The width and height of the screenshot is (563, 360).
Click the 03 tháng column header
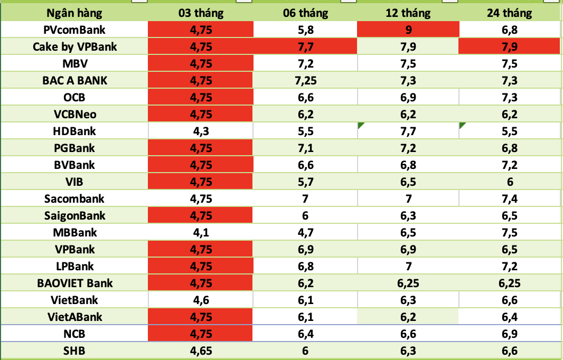[201, 13]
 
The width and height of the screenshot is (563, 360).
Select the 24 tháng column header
[509, 13]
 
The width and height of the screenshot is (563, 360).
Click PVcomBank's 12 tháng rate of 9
[409, 30]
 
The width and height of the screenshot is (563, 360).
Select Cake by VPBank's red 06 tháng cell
[306, 47]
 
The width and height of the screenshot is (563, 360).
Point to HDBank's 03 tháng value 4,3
[201, 131]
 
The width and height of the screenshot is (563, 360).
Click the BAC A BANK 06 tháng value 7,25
[306, 81]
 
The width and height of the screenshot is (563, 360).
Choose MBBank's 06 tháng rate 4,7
[306, 232]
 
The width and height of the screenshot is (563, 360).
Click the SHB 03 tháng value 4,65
[201, 351]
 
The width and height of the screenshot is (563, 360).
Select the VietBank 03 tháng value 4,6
[201, 300]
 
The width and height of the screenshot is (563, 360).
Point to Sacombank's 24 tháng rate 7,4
[509, 198]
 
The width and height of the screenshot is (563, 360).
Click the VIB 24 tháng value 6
[509, 182]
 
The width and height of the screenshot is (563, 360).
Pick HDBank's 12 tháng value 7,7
[409, 131]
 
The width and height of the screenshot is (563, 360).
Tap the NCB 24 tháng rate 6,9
[509, 334]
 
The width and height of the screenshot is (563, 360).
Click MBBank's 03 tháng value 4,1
[201, 232]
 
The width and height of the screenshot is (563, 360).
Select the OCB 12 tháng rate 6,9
[409, 98]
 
